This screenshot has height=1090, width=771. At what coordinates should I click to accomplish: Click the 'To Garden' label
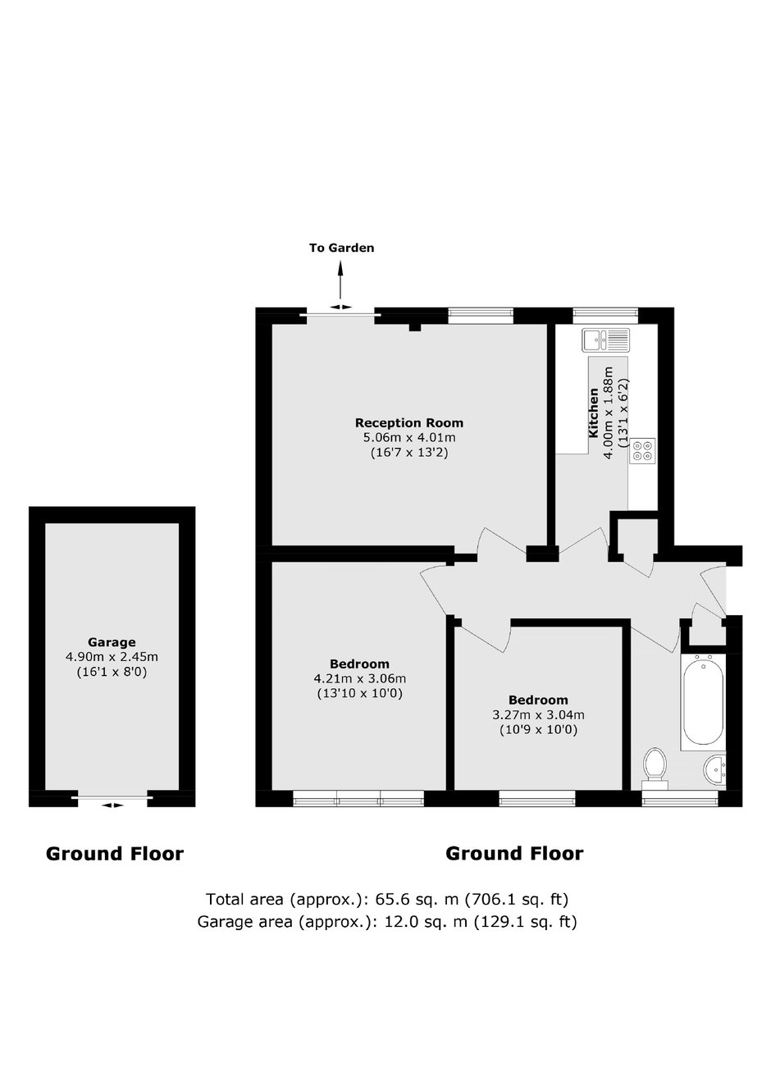pyautogui.click(x=342, y=249)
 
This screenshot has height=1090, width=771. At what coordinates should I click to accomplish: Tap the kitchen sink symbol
pyautogui.click(x=605, y=340)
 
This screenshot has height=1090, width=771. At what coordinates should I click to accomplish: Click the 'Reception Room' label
pyautogui.click(x=408, y=422)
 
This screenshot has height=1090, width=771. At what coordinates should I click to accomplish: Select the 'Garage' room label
pyautogui.click(x=112, y=642)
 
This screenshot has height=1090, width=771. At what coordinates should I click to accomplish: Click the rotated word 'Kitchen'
pyautogui.click(x=593, y=413)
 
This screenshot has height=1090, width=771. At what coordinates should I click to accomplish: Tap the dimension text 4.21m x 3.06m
pyautogui.click(x=360, y=678)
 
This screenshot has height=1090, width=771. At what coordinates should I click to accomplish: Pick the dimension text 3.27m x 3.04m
pyautogui.click(x=538, y=715)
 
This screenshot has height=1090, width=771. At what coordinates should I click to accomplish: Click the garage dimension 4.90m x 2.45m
pyautogui.click(x=112, y=657)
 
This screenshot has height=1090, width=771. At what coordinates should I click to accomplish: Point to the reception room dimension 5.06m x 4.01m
pyautogui.click(x=409, y=437)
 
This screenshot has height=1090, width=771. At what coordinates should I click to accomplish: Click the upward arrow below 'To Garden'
pyautogui.click(x=340, y=280)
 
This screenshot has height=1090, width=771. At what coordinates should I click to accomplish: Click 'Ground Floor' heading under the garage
pyautogui.click(x=115, y=854)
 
